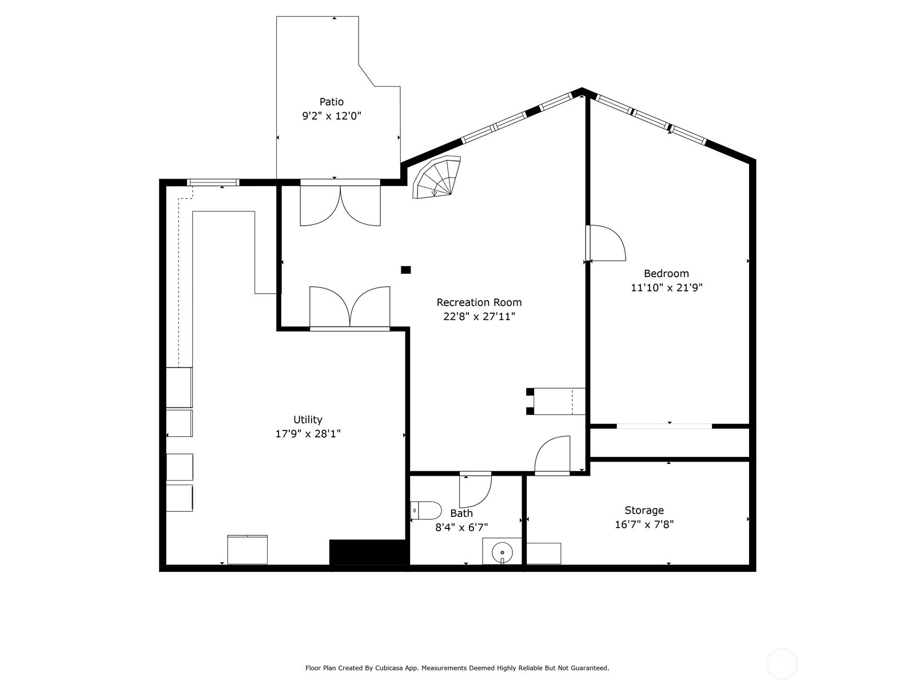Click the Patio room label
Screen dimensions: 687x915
pos(332,102)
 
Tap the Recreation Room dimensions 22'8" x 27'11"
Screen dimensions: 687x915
pos(479,317)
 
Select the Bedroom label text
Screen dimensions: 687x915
pos(666,274)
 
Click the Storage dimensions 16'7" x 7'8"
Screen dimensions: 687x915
pos(644,524)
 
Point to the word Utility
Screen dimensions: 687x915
pos(308,420)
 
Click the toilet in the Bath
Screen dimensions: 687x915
pos(426,510)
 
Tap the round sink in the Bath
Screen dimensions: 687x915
pos(502,552)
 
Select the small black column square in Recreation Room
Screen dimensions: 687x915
pos(405,270)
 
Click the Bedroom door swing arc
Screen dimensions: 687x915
pos(607,243)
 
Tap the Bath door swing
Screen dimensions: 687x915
pos(476,490)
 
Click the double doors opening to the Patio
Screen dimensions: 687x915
pos(340,204)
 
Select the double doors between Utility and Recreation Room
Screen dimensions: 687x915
pos(350,308)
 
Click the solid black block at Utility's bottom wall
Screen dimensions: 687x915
pos(369,553)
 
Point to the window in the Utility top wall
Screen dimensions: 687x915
pos(213,183)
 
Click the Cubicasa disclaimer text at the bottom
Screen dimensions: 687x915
pos(457,668)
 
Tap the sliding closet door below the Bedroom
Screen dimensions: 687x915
pos(665,426)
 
